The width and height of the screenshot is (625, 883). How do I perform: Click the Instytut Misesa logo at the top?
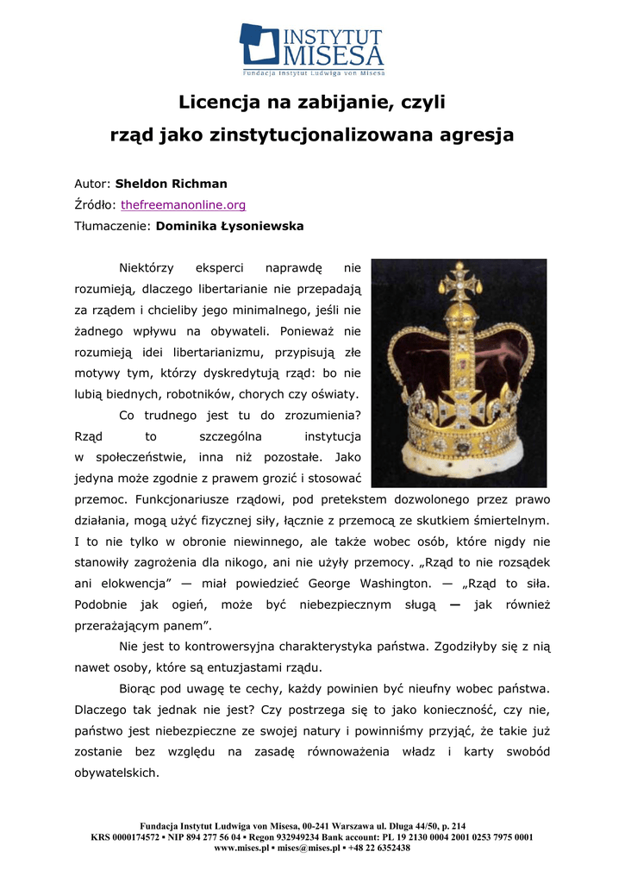312,49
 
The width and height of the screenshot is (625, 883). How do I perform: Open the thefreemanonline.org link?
183,205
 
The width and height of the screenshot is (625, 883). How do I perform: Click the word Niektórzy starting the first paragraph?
147,268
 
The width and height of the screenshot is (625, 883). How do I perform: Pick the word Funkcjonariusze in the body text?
183,499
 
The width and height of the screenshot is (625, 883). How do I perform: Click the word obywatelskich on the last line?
116,773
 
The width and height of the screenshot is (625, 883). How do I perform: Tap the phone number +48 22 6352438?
378,848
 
